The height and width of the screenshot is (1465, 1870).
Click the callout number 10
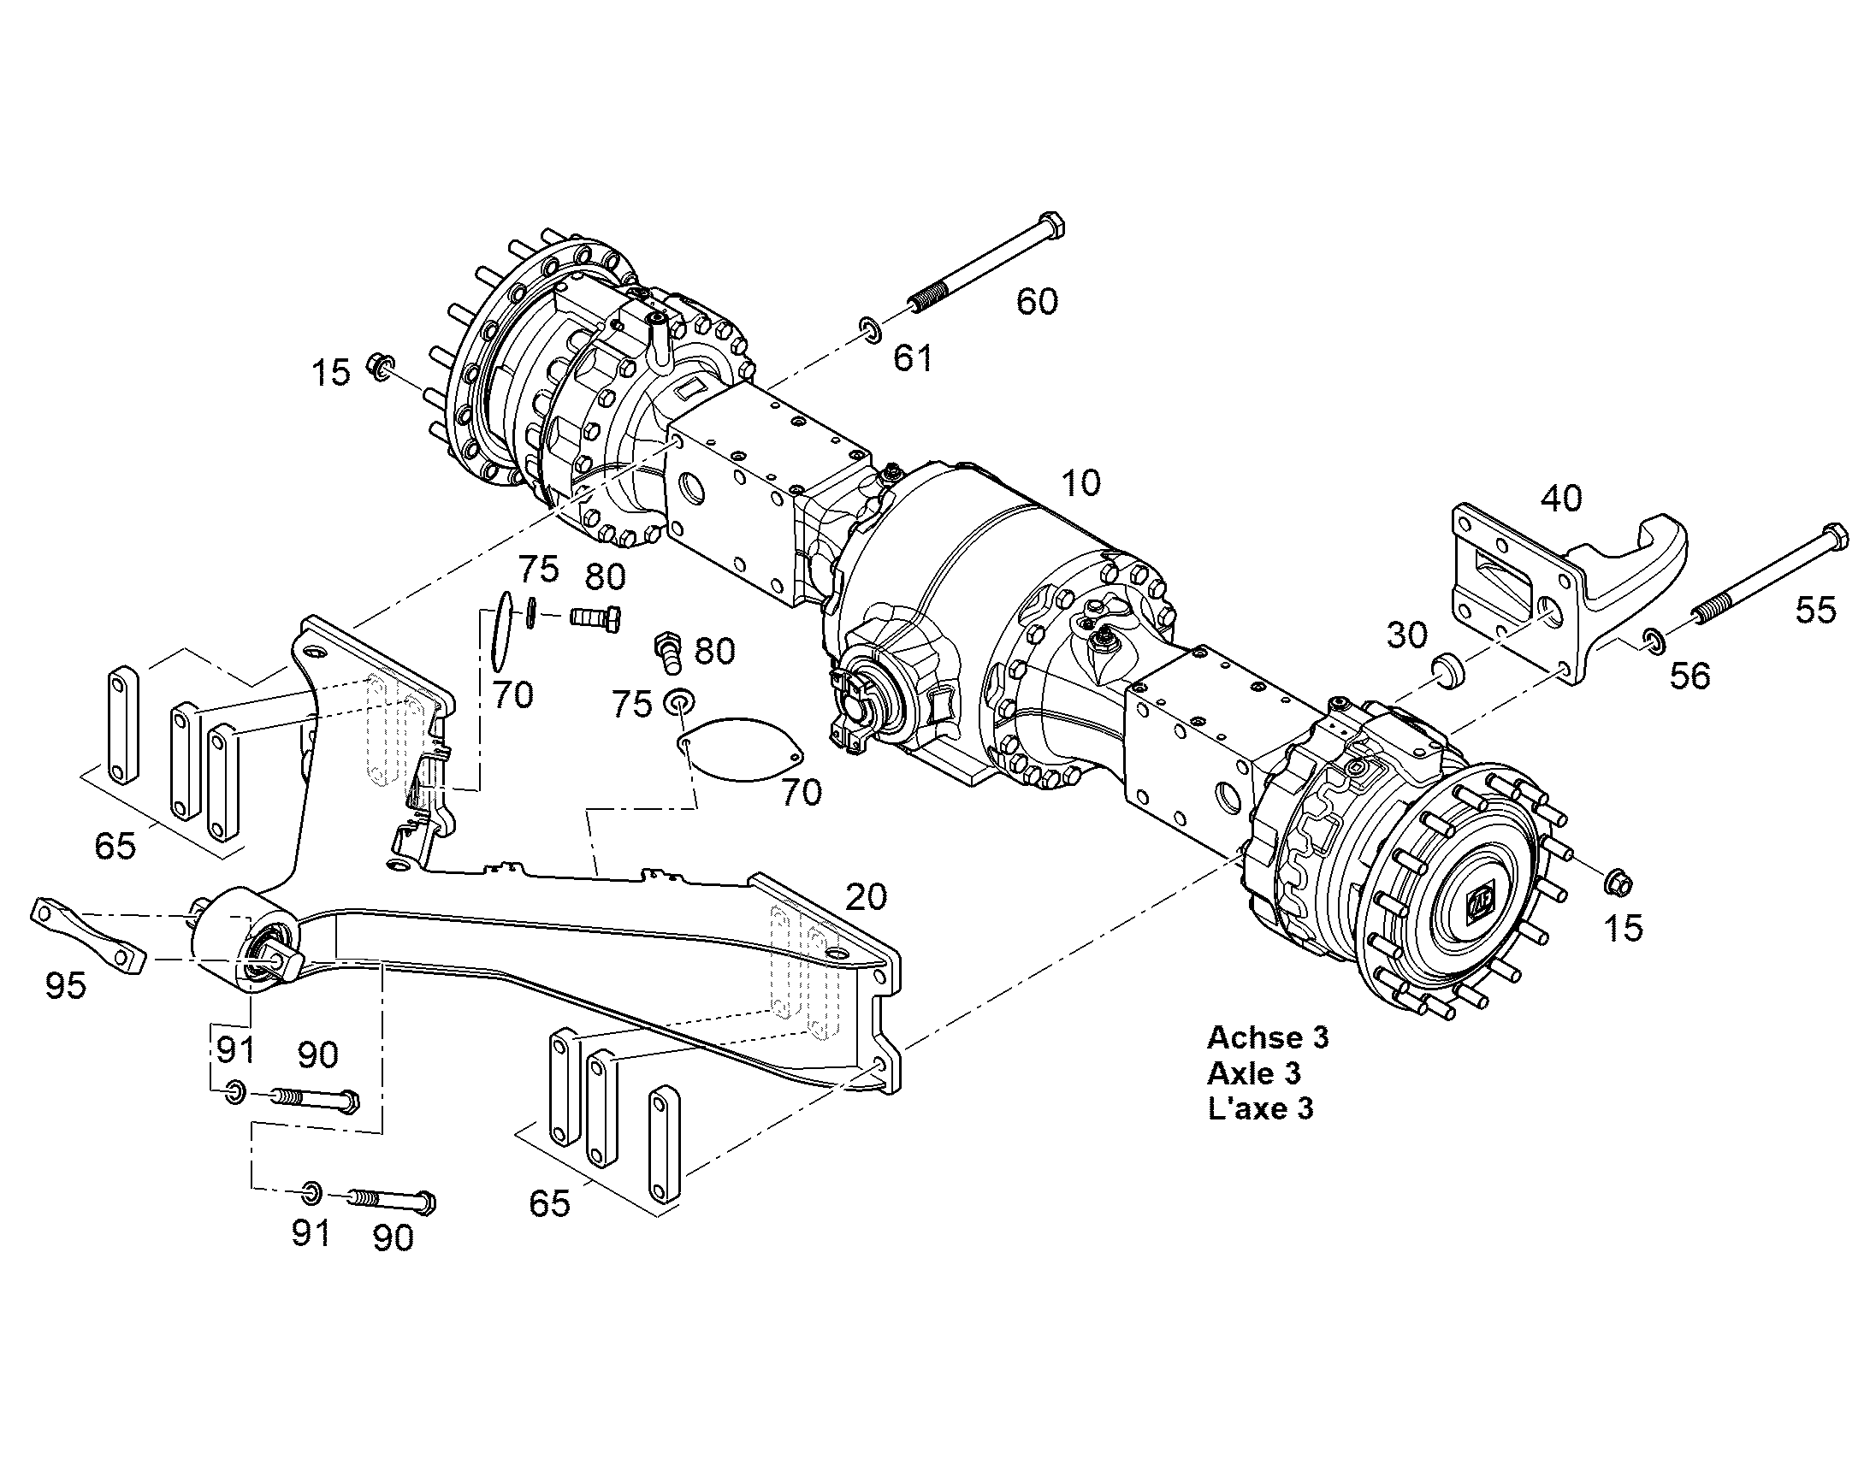click(x=1080, y=484)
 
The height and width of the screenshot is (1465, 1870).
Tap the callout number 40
click(x=1561, y=499)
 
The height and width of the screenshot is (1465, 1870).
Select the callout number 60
click(x=1037, y=302)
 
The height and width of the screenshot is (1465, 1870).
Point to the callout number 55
click(x=1816, y=611)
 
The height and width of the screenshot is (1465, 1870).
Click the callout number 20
click(x=866, y=897)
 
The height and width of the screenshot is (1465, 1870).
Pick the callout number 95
click(x=66, y=986)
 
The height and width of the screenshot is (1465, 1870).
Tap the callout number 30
click(x=1407, y=635)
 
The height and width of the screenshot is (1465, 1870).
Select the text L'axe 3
click(x=1260, y=1109)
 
